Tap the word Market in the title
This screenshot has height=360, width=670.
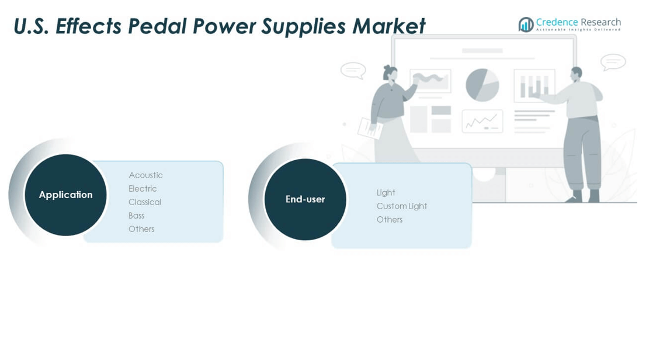[389, 26]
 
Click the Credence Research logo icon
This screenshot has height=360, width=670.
[526, 25]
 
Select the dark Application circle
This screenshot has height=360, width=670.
[66, 195]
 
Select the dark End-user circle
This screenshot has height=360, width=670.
[305, 199]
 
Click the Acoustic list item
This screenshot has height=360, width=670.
[145, 175]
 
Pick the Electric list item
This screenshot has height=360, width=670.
[143, 189]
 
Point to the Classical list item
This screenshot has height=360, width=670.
[145, 202]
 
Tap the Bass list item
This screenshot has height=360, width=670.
[137, 216]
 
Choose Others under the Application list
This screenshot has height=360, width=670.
[141, 229]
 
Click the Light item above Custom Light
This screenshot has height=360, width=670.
[386, 193]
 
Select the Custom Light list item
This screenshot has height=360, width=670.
[402, 206]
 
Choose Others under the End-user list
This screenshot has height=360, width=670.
[390, 220]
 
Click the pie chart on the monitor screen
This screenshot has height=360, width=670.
[482, 85]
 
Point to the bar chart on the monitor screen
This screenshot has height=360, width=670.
[534, 86]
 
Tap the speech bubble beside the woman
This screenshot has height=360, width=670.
[353, 71]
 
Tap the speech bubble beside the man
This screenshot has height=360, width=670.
[613, 63]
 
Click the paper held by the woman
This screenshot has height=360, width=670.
[370, 128]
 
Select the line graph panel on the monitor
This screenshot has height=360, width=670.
[482, 122]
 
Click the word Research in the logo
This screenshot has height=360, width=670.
[600, 22]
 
